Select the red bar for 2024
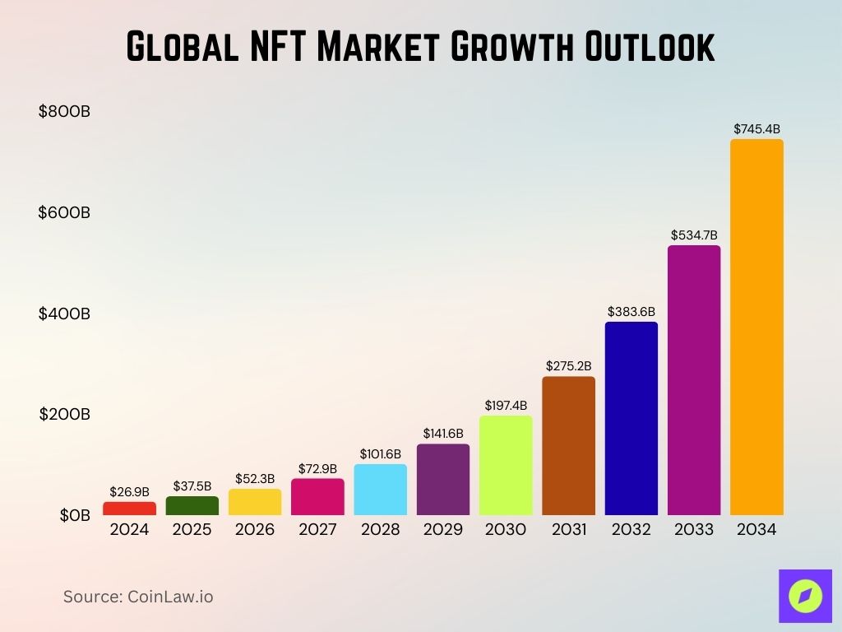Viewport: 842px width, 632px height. [x=129, y=509]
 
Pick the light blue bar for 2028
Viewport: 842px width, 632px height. [x=381, y=490]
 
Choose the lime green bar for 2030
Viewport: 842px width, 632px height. [x=506, y=465]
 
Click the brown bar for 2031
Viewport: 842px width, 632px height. [x=568, y=445]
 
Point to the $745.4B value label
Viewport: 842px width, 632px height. [x=756, y=129]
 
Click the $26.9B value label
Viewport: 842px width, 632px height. [x=129, y=492]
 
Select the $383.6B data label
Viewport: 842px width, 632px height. [x=631, y=312]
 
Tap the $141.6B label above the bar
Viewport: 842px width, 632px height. [x=443, y=433]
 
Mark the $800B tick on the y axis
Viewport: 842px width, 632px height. [x=64, y=112]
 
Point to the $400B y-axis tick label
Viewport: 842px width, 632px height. [x=64, y=314]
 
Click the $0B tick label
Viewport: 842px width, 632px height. [x=74, y=515]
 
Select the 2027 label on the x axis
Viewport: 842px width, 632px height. [x=317, y=530]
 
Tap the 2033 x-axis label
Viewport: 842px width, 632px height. [x=694, y=530]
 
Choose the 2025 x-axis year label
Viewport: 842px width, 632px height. [x=192, y=530]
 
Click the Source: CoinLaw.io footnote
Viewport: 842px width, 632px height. [x=138, y=597]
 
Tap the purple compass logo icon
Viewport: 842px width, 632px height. [x=805, y=595]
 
